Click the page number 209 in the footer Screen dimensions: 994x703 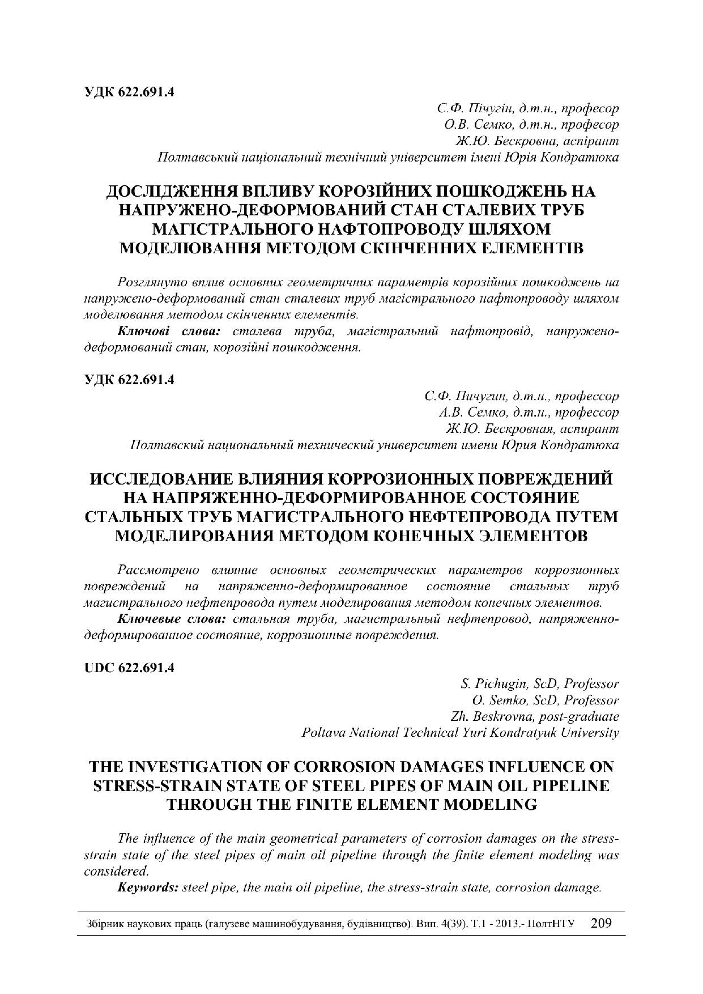click(x=601, y=923)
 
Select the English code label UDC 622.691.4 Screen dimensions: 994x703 click(x=129, y=668)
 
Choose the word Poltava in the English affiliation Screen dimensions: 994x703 click(x=323, y=733)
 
